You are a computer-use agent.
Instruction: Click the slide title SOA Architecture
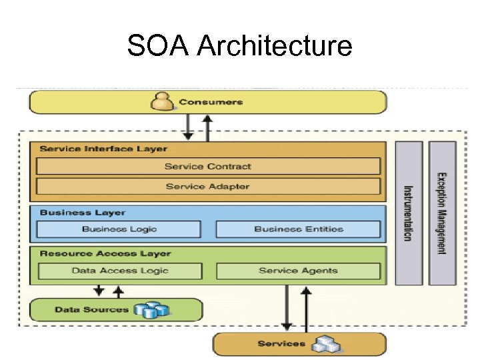tap(239, 46)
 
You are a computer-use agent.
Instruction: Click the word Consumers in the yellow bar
tap(211, 102)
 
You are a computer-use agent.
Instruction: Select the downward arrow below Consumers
tap(189, 127)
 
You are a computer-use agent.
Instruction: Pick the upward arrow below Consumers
tap(207, 127)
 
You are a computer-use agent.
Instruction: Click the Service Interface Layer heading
tap(103, 148)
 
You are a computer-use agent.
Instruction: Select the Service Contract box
tap(208, 166)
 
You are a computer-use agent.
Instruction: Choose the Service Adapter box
tap(208, 186)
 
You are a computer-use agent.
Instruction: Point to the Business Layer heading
tap(83, 212)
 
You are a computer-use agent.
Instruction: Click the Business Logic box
tap(119, 229)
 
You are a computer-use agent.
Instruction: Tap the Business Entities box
tap(298, 229)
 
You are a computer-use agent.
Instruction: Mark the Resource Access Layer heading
tap(105, 253)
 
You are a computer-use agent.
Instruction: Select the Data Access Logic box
tap(120, 271)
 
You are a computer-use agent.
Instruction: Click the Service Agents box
tap(298, 271)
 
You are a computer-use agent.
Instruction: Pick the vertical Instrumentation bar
tap(409, 213)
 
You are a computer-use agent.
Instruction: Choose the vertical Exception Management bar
tap(442, 213)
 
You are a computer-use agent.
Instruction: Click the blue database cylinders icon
tap(151, 310)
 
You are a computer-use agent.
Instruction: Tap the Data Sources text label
tap(91, 309)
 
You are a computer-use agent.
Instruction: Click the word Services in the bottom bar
tap(281, 344)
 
